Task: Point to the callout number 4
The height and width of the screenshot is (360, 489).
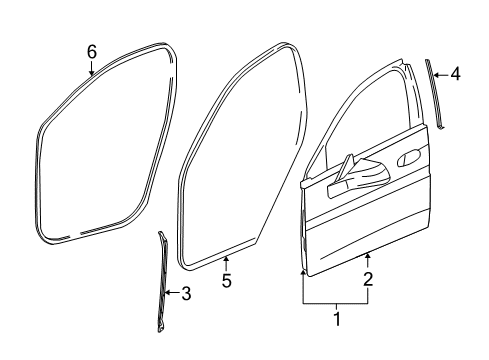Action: click(x=455, y=73)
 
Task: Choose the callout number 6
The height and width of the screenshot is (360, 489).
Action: click(x=91, y=51)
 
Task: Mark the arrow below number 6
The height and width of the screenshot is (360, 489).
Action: click(x=91, y=68)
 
